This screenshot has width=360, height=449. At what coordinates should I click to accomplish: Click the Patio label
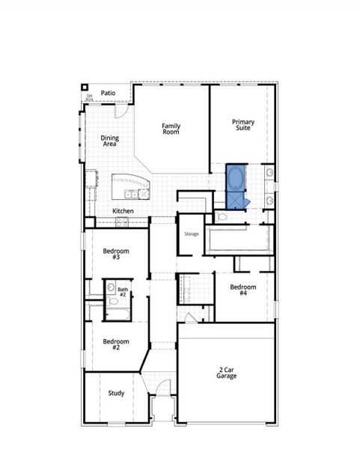pyautogui.click(x=108, y=93)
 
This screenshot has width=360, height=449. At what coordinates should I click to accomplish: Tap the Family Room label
pyautogui.click(x=171, y=128)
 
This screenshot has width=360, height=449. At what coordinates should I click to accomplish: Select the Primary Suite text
pyautogui.click(x=242, y=125)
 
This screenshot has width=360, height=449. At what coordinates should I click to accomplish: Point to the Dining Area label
pyautogui.click(x=109, y=141)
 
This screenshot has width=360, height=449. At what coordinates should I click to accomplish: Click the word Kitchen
pyautogui.click(x=123, y=211)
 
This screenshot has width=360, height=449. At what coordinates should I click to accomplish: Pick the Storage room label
pyautogui.click(x=192, y=234)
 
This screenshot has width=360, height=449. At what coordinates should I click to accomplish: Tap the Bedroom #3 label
pyautogui.click(x=116, y=254)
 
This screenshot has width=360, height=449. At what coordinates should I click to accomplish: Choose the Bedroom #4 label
pyautogui.click(x=243, y=290)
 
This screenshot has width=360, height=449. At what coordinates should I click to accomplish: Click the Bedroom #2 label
pyautogui.click(x=116, y=344)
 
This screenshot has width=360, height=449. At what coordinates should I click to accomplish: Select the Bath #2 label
pyautogui.click(x=123, y=292)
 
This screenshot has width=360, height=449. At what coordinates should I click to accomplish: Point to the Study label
pyautogui.click(x=116, y=393)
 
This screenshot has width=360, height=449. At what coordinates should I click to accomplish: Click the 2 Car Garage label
pyautogui.click(x=228, y=373)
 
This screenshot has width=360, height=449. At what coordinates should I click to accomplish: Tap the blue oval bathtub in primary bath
pyautogui.click(x=237, y=178)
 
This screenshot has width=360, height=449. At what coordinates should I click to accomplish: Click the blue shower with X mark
pyautogui.click(x=237, y=201)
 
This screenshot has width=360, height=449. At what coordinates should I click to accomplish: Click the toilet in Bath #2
pyautogui.click(x=111, y=288)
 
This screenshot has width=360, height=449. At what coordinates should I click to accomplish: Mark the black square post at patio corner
pyautogui.click(x=85, y=87)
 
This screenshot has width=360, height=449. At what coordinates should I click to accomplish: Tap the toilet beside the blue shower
pyautogui.click(x=222, y=217)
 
